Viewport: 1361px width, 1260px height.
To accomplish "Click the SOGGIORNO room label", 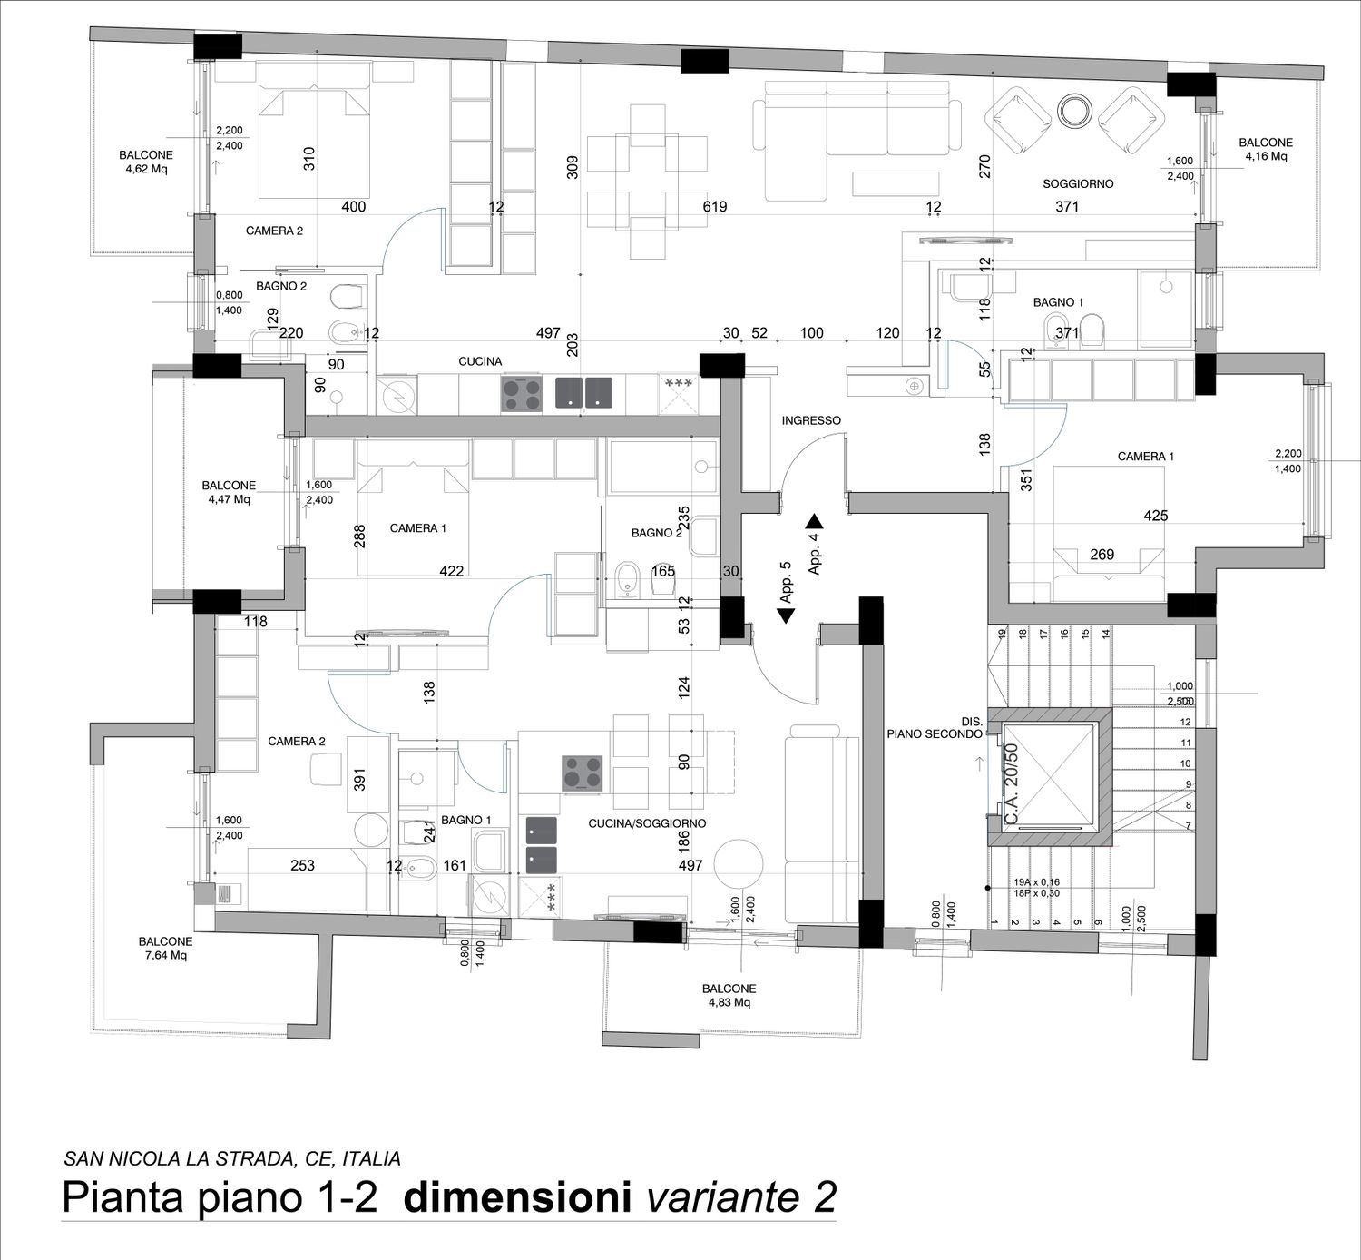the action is point(1078,183).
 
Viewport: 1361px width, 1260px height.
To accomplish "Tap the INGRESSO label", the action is point(811,420).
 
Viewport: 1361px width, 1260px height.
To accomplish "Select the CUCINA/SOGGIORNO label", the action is point(647,823).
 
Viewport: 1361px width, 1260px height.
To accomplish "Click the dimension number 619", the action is point(715,206).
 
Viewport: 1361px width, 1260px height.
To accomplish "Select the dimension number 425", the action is point(1155,515).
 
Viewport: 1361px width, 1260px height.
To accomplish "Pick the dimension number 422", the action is point(451,570).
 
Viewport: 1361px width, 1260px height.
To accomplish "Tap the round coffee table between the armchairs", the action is point(1074,110).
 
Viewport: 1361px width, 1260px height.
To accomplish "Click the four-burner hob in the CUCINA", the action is point(522,394).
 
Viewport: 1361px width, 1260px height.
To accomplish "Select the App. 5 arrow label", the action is point(786,592).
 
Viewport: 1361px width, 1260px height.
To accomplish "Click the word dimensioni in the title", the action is point(517,1197).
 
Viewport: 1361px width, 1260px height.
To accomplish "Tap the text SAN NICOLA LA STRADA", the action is point(180,1159).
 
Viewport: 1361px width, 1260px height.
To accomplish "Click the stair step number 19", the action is point(1001,634).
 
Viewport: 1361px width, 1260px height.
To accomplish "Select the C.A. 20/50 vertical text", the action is point(1012,784).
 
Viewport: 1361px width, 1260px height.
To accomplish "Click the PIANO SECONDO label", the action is point(935,733).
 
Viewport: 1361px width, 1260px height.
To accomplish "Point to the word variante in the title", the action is point(721,1197).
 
